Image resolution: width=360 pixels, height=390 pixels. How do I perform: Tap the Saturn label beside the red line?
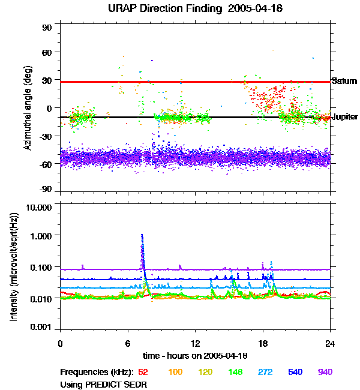click(x=344, y=81)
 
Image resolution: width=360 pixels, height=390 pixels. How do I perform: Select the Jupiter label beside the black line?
click(x=345, y=117)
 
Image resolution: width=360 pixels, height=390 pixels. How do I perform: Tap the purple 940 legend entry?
click(x=325, y=372)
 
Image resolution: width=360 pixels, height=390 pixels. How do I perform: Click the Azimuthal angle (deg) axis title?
click(x=27, y=108)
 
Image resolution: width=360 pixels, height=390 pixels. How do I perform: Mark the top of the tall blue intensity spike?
click(x=142, y=235)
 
